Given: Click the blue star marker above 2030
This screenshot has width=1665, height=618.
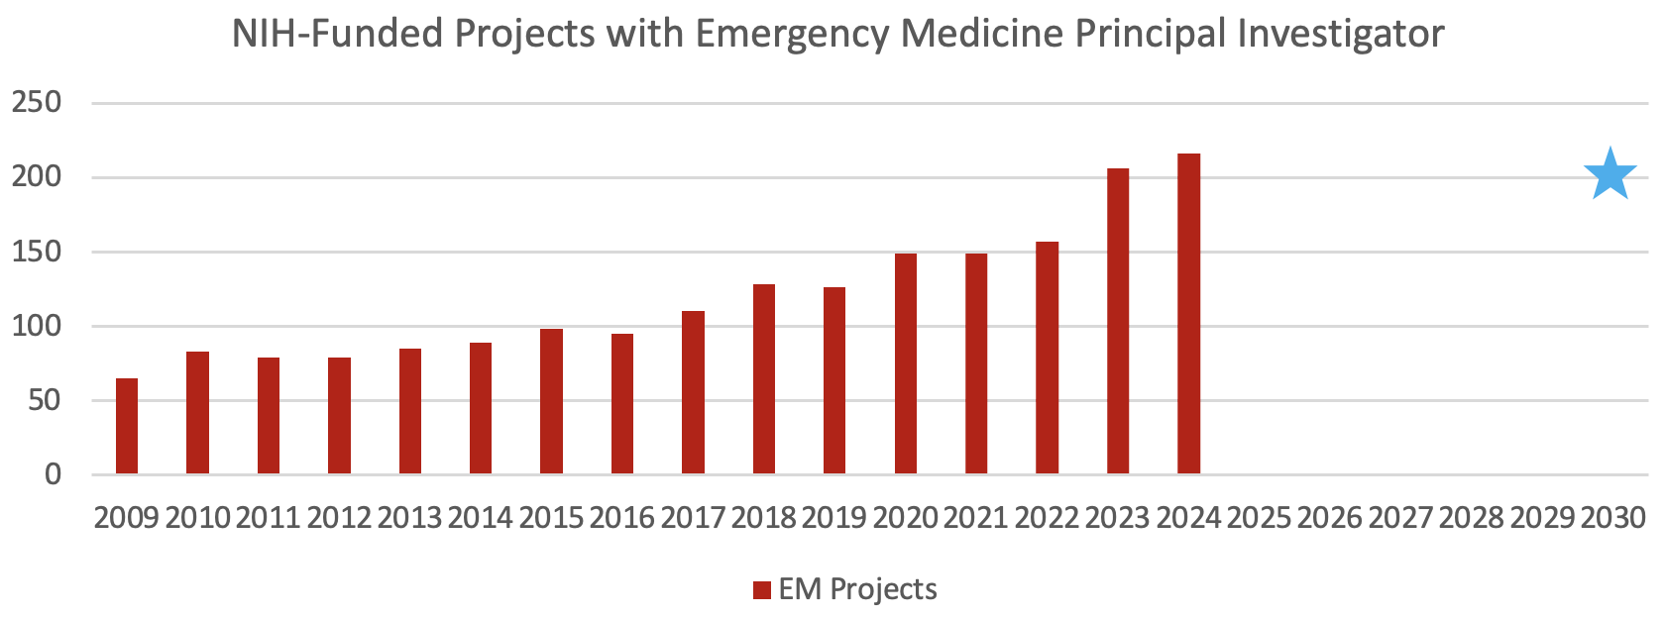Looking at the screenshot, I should tap(1609, 175).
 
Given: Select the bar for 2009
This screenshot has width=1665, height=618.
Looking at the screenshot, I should tap(127, 427).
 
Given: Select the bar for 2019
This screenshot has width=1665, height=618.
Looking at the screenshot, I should tap(834, 381).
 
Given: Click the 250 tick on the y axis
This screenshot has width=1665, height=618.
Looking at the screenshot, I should tap(37, 102).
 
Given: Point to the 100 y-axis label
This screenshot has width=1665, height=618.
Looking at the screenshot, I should tap(37, 326).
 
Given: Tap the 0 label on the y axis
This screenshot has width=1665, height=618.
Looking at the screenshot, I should tap(53, 474).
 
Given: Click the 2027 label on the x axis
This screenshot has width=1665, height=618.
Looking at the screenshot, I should tap(1400, 517).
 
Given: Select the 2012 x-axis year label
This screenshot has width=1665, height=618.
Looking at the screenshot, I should tap(339, 517).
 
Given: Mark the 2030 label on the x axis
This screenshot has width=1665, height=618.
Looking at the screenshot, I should tap(1612, 517).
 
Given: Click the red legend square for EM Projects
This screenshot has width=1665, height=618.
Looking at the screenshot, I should tap(761, 590).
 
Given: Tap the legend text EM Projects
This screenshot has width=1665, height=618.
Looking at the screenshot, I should tap(857, 589).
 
